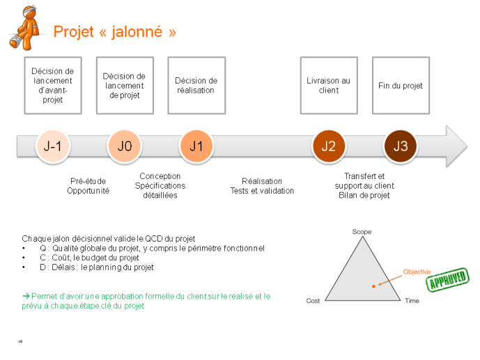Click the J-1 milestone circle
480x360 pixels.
(x=53, y=146)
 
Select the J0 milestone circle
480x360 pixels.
(x=125, y=146)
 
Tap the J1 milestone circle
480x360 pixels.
(x=196, y=146)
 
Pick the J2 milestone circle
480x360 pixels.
(x=329, y=146)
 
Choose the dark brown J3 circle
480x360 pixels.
(x=401, y=146)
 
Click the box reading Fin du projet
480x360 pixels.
(x=401, y=86)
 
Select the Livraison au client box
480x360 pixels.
(x=329, y=86)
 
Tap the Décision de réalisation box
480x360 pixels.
(x=196, y=86)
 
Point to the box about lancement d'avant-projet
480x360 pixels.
(x=53, y=86)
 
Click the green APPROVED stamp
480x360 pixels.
(x=447, y=279)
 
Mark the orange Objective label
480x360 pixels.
(x=417, y=272)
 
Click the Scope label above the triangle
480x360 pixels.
(x=362, y=232)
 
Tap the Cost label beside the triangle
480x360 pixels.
(x=313, y=301)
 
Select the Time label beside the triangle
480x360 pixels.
(x=412, y=301)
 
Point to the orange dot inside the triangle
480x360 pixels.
(x=373, y=286)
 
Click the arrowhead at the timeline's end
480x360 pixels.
(x=457, y=146)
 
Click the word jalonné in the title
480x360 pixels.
(x=137, y=31)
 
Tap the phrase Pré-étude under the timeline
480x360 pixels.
(x=88, y=181)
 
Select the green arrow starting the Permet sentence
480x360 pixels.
(x=26, y=296)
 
